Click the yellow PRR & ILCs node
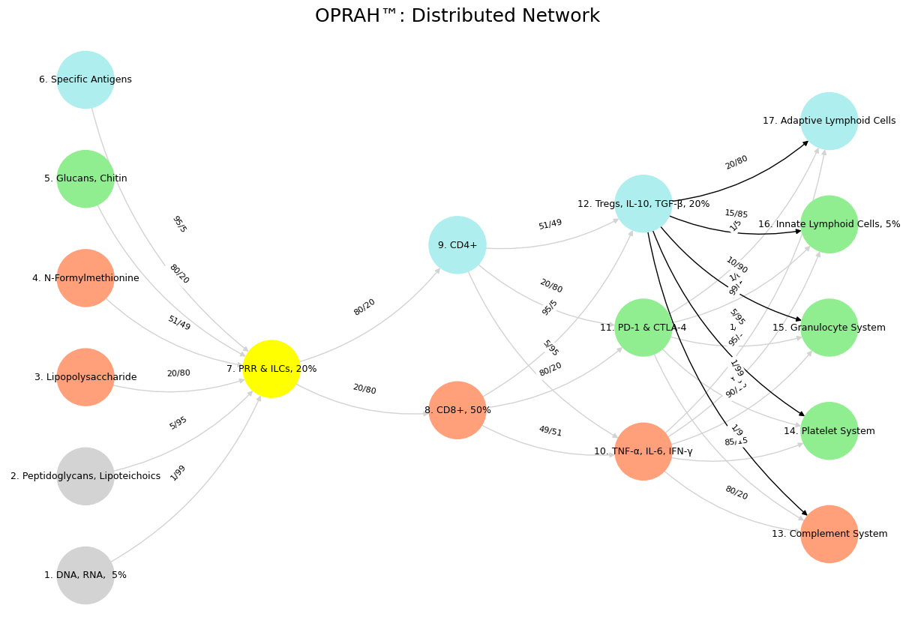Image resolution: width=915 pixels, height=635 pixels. (x=271, y=369)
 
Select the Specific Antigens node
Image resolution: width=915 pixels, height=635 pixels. (x=85, y=79)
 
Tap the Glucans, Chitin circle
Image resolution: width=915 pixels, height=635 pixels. (x=85, y=178)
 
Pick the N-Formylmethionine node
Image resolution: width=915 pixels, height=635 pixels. (x=85, y=278)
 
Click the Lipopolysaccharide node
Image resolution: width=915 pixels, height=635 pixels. (x=85, y=377)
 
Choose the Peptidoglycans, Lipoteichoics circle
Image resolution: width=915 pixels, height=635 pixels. (x=85, y=476)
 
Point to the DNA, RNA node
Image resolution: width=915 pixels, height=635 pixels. (x=85, y=575)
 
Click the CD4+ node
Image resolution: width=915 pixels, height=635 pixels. (x=457, y=245)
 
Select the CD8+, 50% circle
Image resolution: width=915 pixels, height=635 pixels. (x=457, y=410)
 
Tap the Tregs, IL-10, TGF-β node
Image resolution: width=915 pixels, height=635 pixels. (x=643, y=204)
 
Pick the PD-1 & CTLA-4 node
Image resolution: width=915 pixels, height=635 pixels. (x=643, y=328)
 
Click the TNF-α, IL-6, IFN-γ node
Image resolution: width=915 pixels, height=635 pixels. (x=643, y=451)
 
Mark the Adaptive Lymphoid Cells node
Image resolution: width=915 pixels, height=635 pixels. (x=829, y=121)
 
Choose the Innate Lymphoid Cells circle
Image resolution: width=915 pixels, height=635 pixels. (x=829, y=224)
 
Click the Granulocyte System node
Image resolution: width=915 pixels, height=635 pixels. (x=829, y=328)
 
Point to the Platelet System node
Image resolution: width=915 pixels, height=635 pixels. (x=829, y=431)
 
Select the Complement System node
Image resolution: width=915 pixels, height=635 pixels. (x=829, y=534)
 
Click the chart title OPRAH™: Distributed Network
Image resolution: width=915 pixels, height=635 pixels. (x=457, y=16)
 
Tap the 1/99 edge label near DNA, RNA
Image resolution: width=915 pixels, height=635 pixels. (x=178, y=473)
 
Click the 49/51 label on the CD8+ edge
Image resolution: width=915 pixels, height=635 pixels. (x=550, y=431)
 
